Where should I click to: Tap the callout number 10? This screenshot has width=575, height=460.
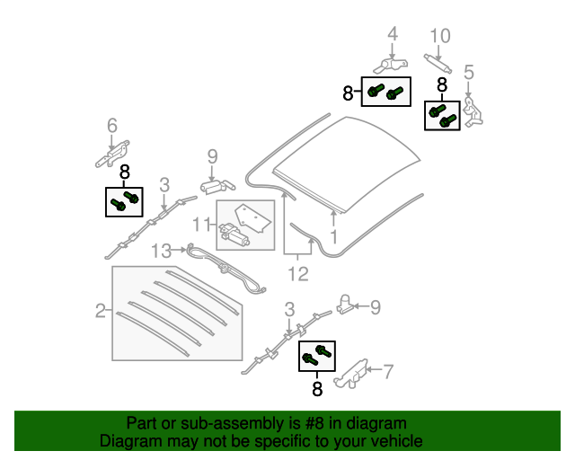(439, 36)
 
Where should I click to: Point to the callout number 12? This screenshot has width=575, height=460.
(298, 273)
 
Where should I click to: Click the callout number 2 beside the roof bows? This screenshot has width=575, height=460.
(100, 312)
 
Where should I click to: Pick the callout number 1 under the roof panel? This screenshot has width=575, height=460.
(333, 238)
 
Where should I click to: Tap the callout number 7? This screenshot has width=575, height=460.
(388, 368)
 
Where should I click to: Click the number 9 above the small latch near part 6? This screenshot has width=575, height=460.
(212, 156)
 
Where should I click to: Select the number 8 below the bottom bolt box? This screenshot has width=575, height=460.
(315, 389)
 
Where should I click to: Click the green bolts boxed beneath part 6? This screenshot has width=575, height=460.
(124, 200)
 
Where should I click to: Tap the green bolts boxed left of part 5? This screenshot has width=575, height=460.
(441, 115)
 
